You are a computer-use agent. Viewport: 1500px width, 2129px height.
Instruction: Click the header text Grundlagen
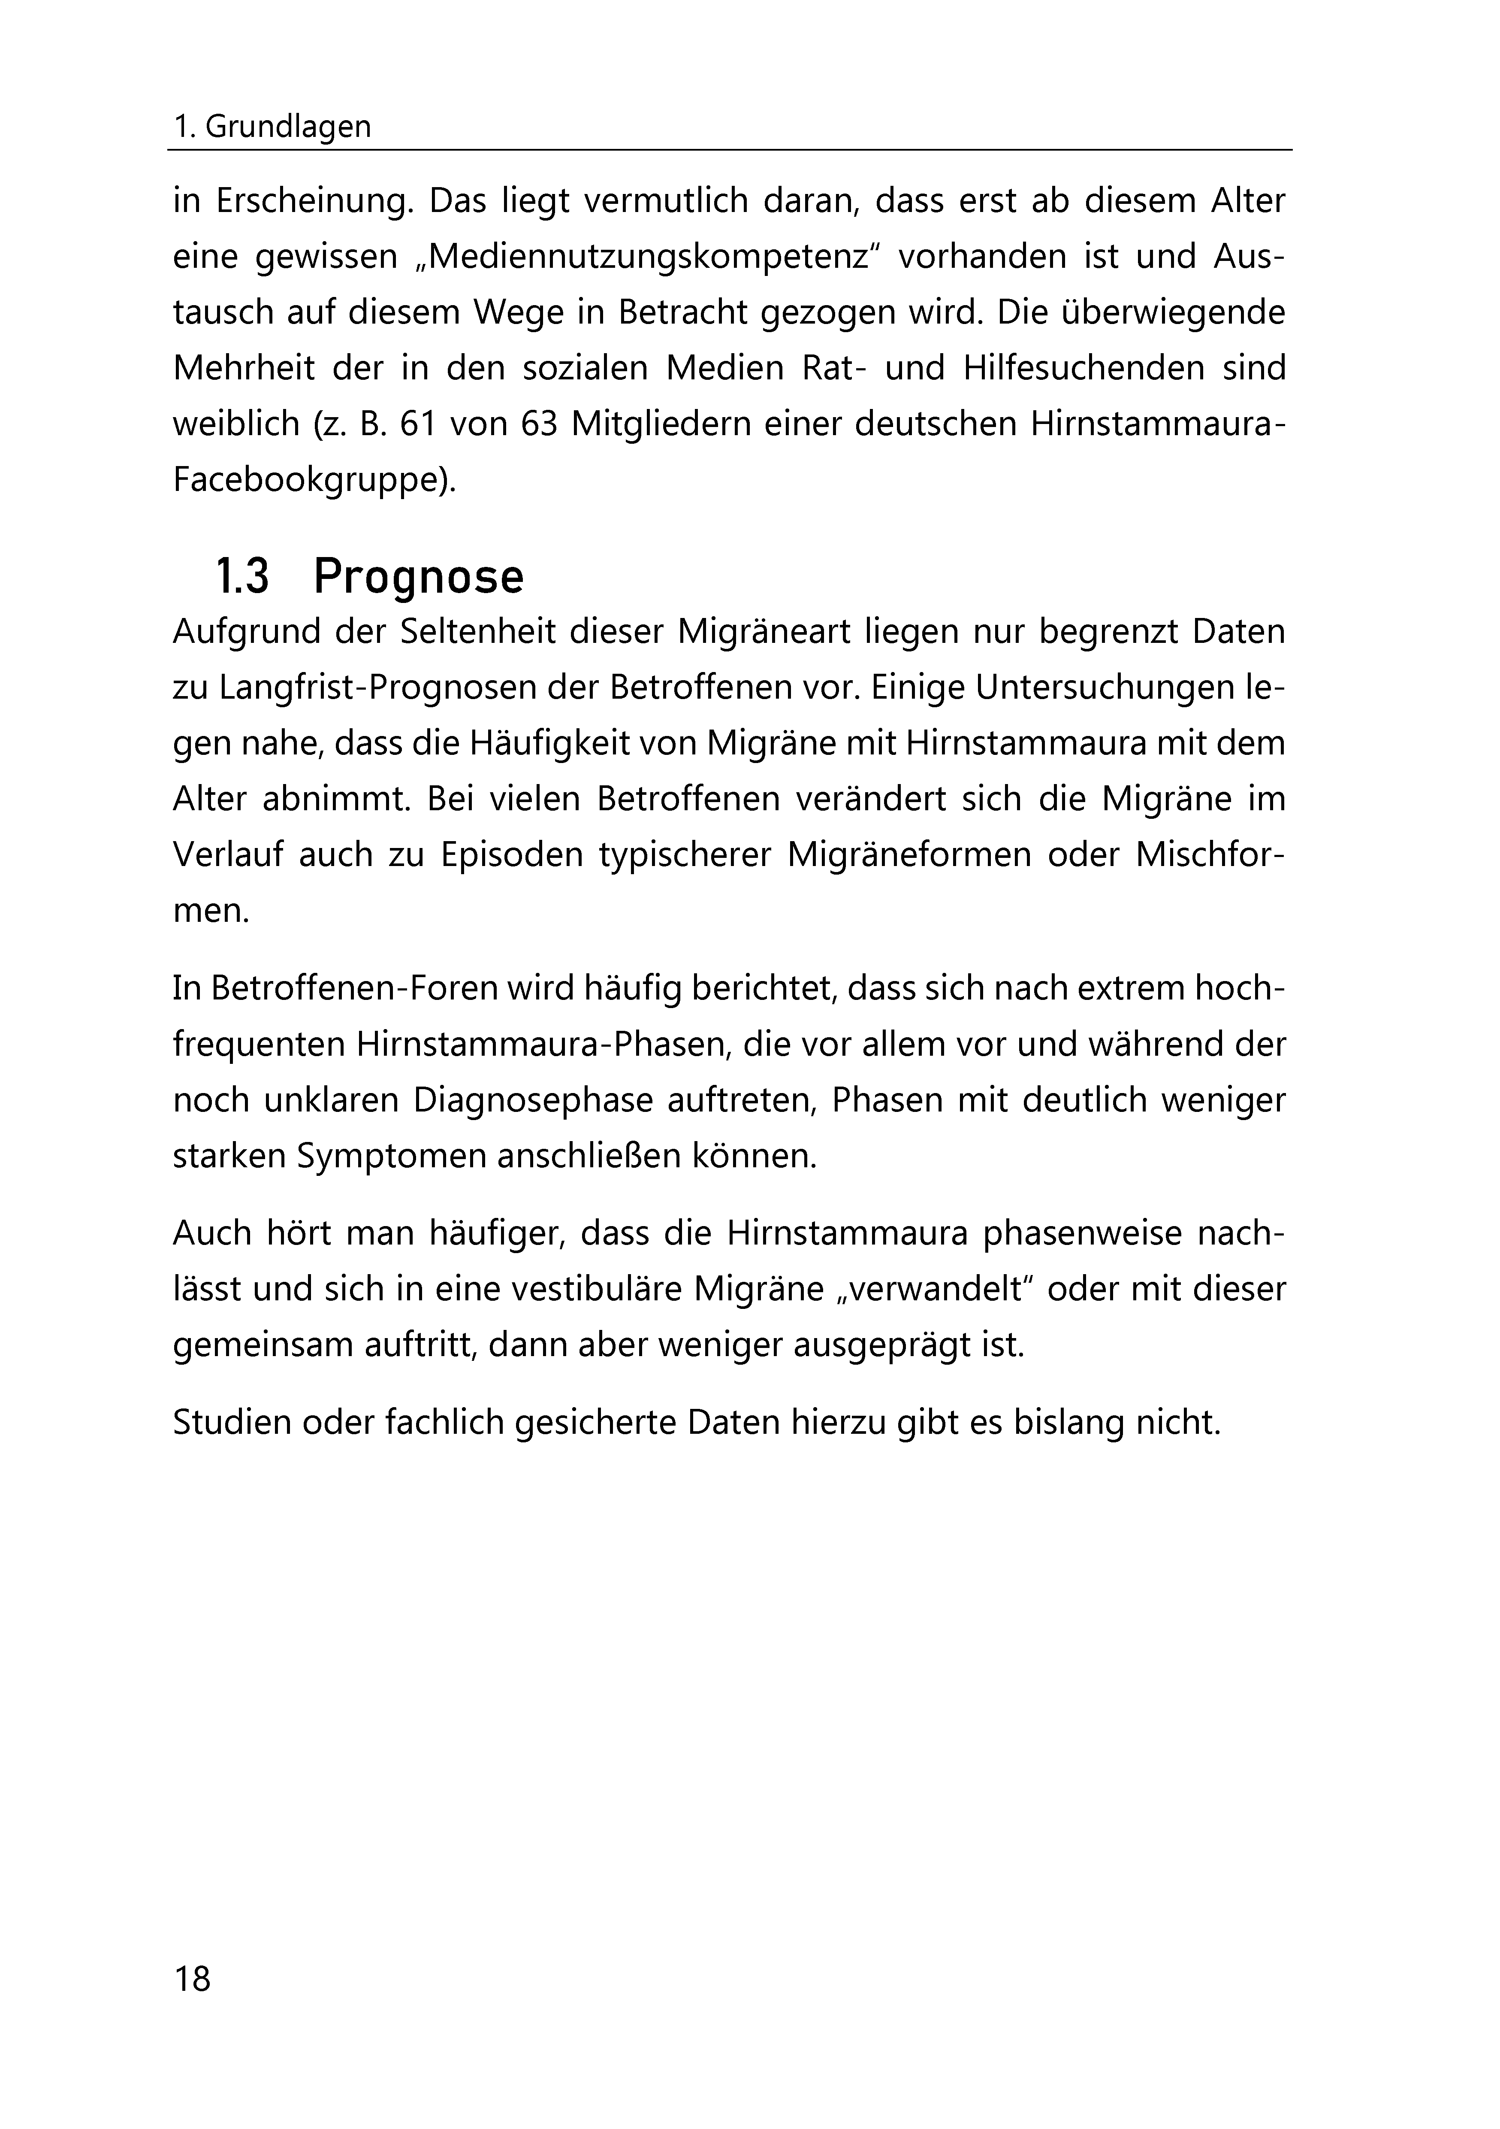coord(287,127)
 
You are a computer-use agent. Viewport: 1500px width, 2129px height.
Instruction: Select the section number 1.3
coord(242,577)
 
